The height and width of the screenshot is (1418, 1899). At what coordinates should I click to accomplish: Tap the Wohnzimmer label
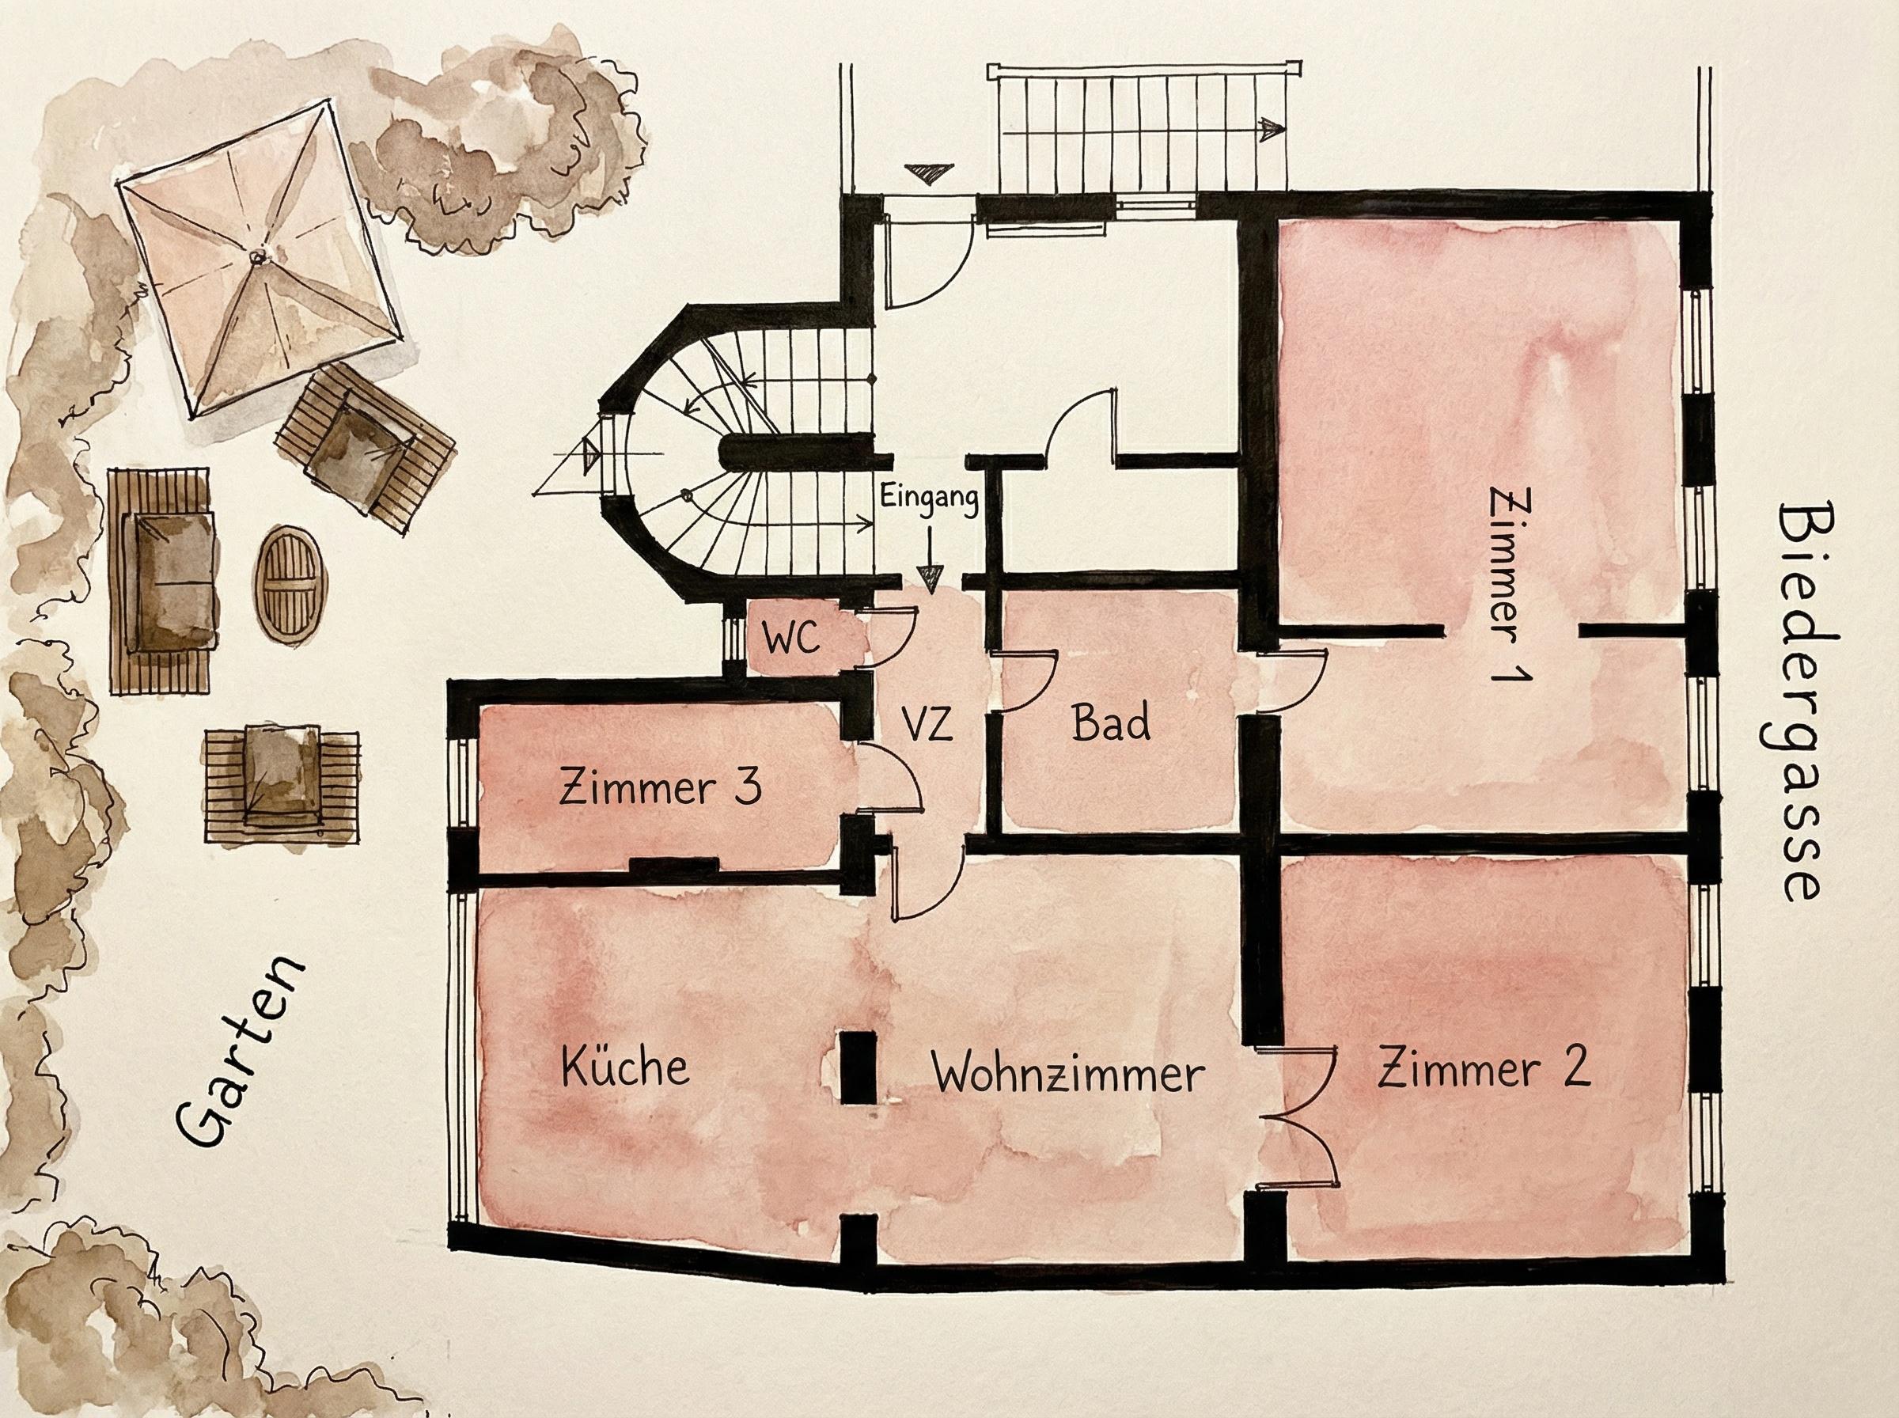(1069, 1074)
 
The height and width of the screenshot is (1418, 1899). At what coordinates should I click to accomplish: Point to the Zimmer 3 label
(660, 788)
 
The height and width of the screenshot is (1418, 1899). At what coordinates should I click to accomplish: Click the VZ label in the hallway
(927, 726)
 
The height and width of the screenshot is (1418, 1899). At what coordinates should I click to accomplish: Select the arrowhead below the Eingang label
(928, 577)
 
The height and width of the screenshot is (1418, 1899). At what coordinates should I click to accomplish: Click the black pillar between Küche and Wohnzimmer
(855, 1067)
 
